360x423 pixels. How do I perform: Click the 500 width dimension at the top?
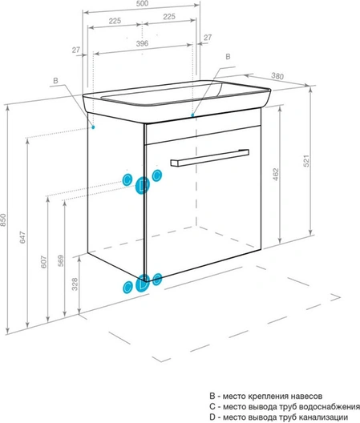tap(142, 3)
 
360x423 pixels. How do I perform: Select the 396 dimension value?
tap(142, 43)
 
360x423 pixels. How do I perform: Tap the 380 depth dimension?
tap(277, 76)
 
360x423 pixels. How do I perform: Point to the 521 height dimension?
tap(306, 161)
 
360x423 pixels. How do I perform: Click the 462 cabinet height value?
tap(276, 175)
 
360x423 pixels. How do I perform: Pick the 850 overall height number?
tap(3, 220)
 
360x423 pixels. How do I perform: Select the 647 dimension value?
tap(22, 237)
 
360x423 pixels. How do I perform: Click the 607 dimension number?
tap(44, 262)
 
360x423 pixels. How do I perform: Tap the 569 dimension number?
tap(61, 260)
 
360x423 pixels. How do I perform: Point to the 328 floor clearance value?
tap(75, 284)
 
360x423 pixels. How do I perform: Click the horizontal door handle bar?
tap(209, 158)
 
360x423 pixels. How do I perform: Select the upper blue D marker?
tap(143, 185)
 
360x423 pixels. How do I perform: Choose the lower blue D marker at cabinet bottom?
tap(144, 284)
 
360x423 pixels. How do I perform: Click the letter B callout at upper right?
tap(228, 57)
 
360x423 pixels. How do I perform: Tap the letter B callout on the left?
tap(55, 81)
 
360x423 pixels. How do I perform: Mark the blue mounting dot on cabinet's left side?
tap(93, 127)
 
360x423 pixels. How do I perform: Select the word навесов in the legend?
tap(306, 397)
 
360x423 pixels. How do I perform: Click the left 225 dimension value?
tap(115, 21)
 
